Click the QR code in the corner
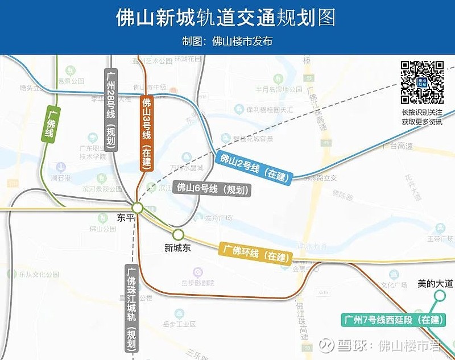click(422, 82)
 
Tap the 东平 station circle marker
click(138, 208)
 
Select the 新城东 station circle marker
click(178, 234)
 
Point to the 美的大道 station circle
click(440, 295)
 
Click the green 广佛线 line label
click(50, 123)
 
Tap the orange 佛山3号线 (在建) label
click(147, 133)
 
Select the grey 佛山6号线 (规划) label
click(212, 188)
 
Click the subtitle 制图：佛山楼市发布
click(227, 42)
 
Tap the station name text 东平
click(126, 218)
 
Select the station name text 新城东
click(177, 247)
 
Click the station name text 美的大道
click(435, 283)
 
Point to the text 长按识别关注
click(421, 112)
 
